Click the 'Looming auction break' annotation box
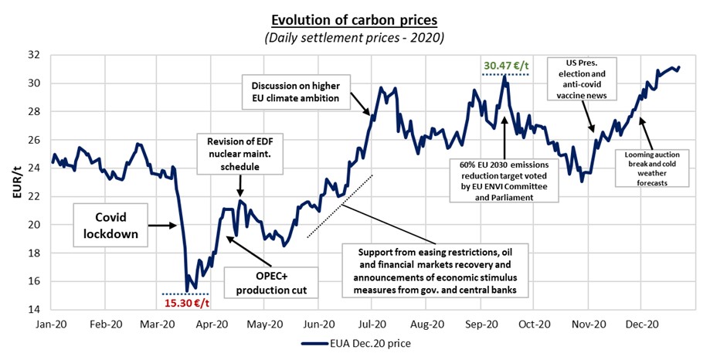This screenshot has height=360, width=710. pyautogui.click(x=652, y=168)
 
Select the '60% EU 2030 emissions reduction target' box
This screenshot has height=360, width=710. pyautogui.click(x=504, y=180)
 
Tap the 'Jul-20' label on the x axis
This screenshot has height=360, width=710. pyautogui.click(x=373, y=324)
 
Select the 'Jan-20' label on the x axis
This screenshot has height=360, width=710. pyautogui.click(x=53, y=324)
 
